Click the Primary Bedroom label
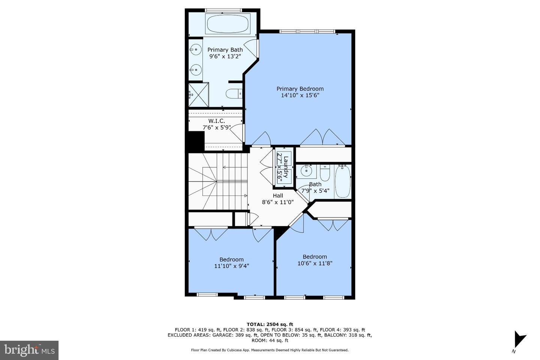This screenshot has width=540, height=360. coord(300,89)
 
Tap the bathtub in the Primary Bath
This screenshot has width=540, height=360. coord(222,24)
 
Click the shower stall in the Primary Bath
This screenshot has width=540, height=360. coord(198,94)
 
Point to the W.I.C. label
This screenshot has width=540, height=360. coord(216,121)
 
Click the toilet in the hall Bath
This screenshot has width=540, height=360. coord(324,174)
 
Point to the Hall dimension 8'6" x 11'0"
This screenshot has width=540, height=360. coord(277,202)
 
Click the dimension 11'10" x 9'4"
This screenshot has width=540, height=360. coord(231,266)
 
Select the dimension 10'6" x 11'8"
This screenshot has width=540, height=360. coord(315,263)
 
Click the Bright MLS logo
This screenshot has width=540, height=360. coord(29,350)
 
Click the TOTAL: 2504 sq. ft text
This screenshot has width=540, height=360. coord(270,324)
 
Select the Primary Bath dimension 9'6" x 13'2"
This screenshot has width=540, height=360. coord(225,56)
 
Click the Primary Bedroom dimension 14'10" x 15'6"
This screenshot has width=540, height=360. coord(300,95)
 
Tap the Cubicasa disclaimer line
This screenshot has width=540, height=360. coord(270,350)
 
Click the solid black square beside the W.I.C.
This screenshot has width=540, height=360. coord(195,142)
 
